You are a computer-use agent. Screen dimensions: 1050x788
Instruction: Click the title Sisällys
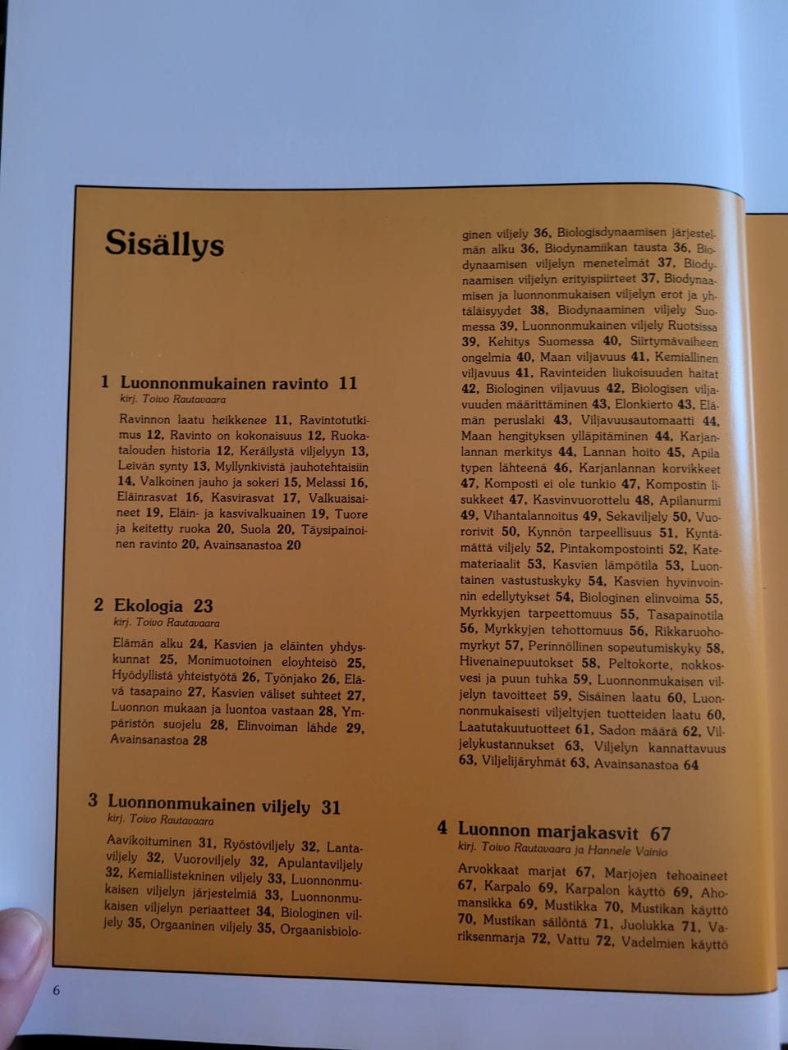click(164, 244)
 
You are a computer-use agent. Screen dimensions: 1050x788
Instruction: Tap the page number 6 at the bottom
click(56, 990)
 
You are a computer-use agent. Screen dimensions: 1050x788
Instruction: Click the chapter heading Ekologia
click(149, 606)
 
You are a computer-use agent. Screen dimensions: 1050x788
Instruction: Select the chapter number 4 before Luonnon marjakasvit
click(442, 828)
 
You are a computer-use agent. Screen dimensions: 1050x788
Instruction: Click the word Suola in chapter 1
click(255, 529)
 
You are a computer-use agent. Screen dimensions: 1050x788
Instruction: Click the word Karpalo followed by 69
click(508, 888)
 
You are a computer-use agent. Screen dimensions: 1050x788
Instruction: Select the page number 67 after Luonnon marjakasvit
click(660, 833)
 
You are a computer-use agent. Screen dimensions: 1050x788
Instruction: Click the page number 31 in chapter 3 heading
click(331, 808)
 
